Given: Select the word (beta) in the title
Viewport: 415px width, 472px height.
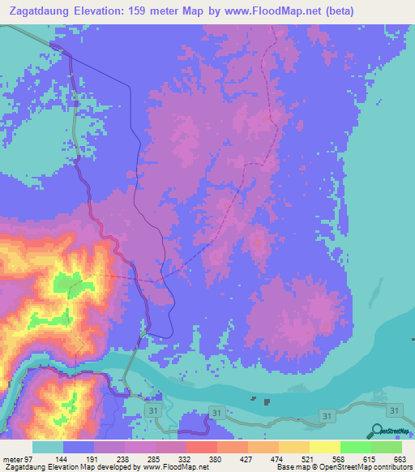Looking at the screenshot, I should point(389,11).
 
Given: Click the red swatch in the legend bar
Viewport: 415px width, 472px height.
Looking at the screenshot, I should point(201,448).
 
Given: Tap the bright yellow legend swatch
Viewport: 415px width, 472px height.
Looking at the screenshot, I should point(324,448).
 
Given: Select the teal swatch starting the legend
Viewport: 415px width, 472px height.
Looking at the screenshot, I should point(48,448).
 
